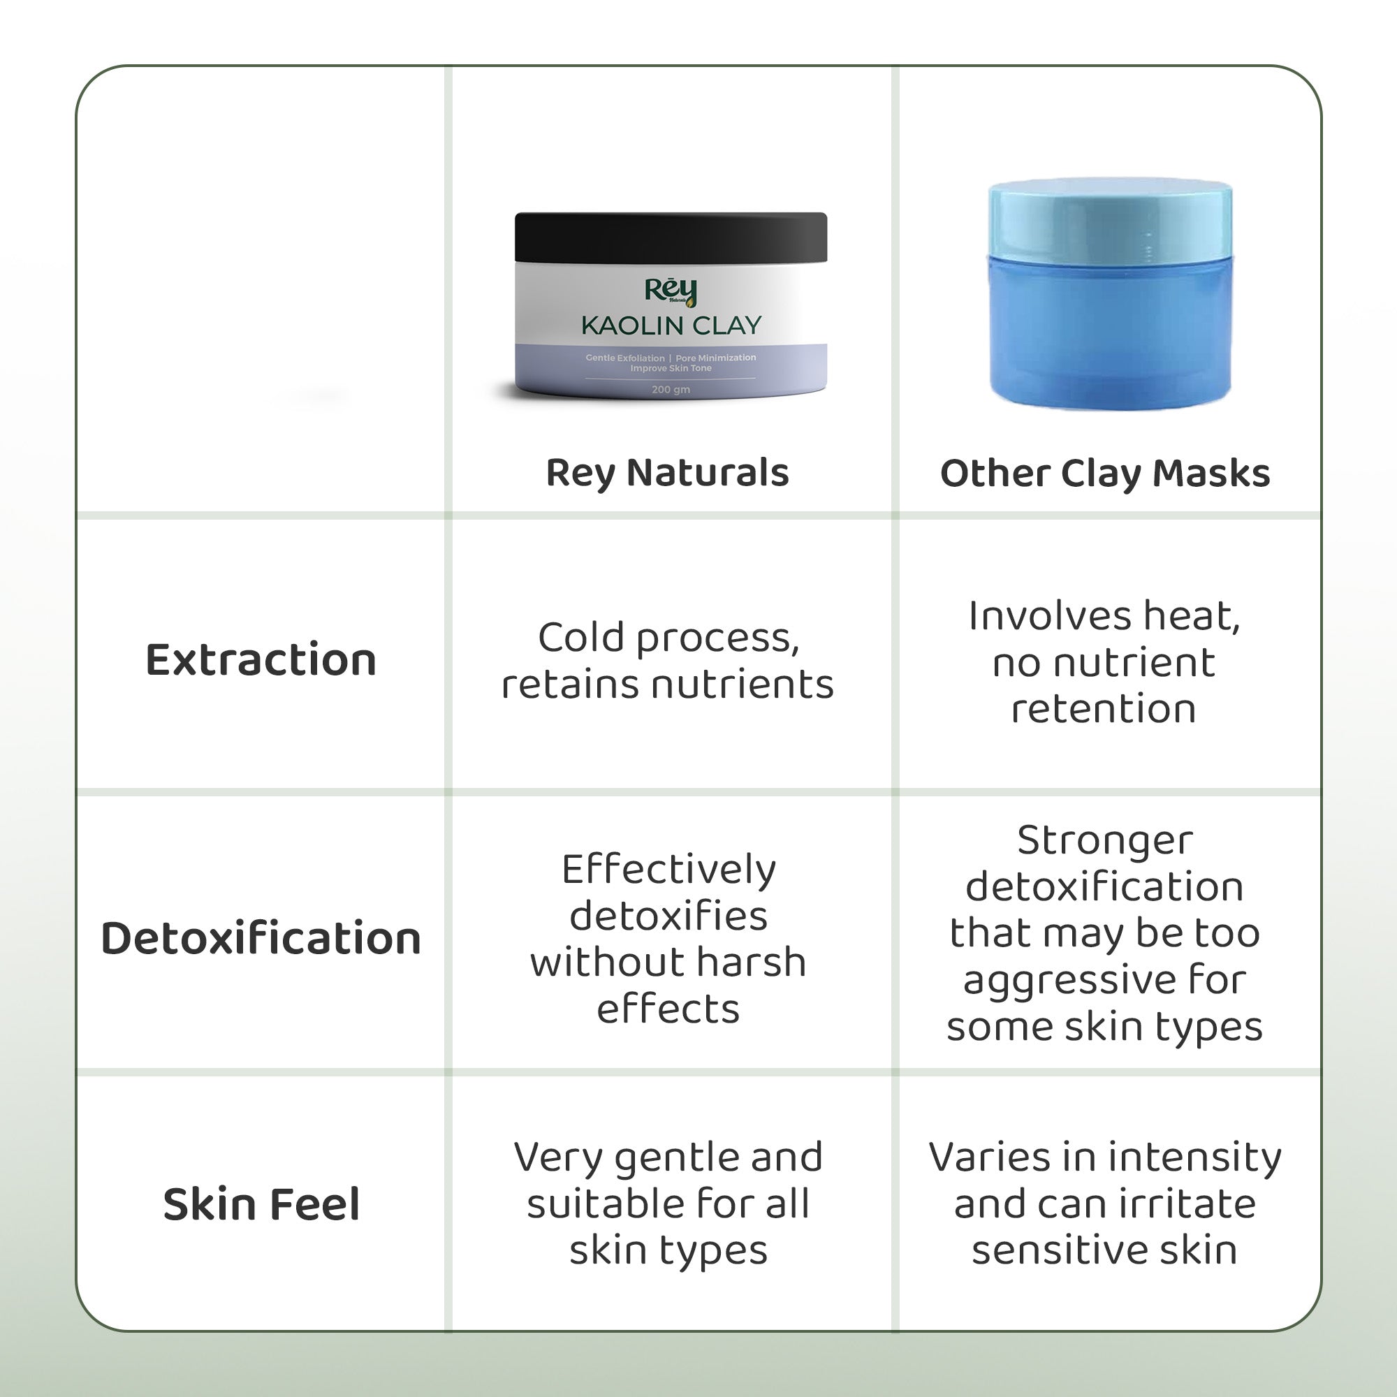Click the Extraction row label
tap(261, 659)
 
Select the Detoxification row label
tap(261, 938)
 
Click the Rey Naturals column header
tap(667, 474)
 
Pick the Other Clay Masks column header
tap(1105, 474)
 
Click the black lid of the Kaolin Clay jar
tap(671, 237)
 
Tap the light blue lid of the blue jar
tap(1111, 218)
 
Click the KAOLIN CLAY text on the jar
tap(671, 326)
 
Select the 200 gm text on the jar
tap(671, 389)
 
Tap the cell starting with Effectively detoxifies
tap(668, 938)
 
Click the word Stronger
tap(1105, 842)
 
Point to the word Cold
tap(581, 638)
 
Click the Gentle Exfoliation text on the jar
tap(624, 358)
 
